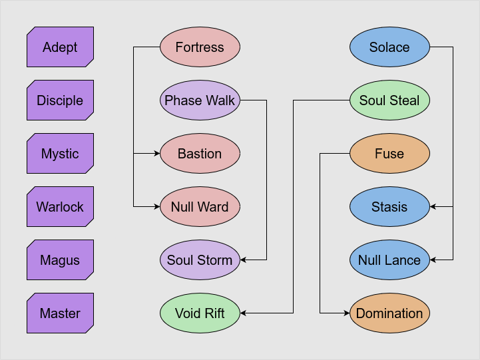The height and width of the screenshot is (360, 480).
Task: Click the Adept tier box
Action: (x=60, y=47)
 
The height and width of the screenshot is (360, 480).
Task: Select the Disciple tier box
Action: (x=60, y=100)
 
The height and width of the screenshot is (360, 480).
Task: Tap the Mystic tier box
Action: (x=60, y=154)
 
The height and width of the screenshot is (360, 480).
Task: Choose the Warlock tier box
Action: (x=60, y=207)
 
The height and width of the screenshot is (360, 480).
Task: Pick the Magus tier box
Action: (x=60, y=260)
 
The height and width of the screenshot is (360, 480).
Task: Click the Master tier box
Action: (x=60, y=313)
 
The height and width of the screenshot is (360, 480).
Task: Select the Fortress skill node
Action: (x=200, y=47)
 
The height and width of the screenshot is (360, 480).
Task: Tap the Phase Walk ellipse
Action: (x=200, y=100)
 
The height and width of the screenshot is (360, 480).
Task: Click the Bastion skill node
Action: (x=200, y=154)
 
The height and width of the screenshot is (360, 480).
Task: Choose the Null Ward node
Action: (x=200, y=207)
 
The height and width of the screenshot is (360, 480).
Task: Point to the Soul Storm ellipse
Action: (x=200, y=260)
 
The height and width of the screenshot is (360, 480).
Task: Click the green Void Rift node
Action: (x=200, y=313)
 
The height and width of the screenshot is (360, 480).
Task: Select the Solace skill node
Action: (x=389, y=47)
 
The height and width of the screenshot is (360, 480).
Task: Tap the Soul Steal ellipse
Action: (x=389, y=100)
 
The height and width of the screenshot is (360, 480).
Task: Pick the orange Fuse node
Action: (x=389, y=154)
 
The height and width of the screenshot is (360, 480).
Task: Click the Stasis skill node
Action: (x=389, y=207)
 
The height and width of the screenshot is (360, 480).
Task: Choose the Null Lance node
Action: (x=389, y=260)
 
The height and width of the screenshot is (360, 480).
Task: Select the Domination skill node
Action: (x=389, y=313)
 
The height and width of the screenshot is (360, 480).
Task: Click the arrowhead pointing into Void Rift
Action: (x=244, y=313)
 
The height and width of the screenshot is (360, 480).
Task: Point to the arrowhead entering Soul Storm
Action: (x=244, y=260)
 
